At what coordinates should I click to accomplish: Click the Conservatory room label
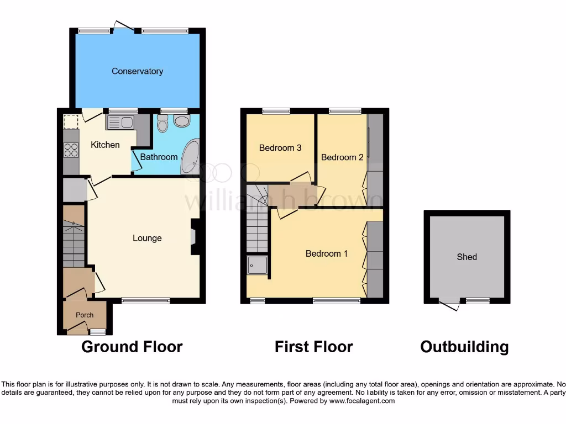(137, 71)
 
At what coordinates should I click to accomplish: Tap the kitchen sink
(120, 122)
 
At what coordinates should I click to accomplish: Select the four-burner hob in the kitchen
(71, 150)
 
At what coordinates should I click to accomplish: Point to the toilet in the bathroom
(181, 121)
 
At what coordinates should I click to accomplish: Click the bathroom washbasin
(163, 125)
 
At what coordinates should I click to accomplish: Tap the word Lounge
(147, 238)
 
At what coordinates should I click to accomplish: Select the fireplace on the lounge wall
(194, 237)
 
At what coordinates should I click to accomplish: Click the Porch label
(85, 315)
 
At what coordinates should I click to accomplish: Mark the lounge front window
(145, 300)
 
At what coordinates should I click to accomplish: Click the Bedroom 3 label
(280, 148)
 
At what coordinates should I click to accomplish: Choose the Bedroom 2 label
(342, 157)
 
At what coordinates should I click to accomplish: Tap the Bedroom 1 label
(327, 254)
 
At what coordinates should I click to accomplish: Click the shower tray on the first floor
(257, 266)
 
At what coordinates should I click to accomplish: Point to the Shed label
(467, 257)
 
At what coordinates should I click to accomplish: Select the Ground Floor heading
(132, 347)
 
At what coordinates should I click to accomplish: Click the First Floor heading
(313, 347)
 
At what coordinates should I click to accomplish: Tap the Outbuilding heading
(464, 347)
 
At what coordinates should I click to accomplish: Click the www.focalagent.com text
(362, 401)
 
